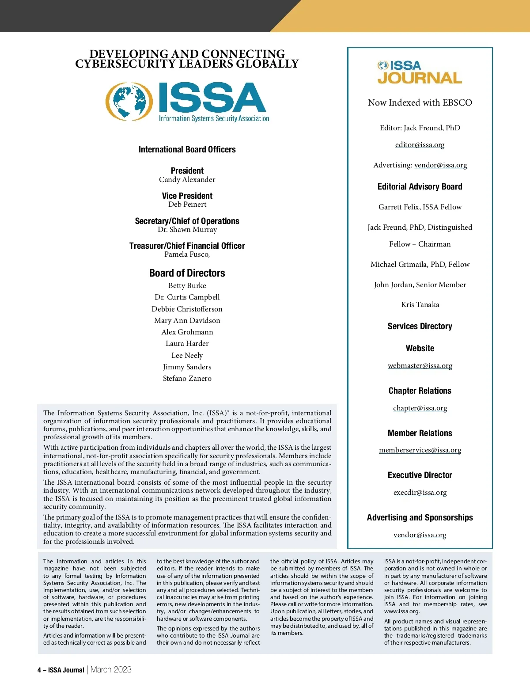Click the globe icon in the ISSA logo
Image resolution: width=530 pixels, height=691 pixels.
(126, 101)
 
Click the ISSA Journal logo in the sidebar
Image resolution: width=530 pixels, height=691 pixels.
(420, 72)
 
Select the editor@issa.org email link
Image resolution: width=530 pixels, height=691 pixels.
(420, 145)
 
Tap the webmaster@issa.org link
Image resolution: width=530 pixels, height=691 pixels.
(420, 366)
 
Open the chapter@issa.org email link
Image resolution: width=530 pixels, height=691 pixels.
(420, 408)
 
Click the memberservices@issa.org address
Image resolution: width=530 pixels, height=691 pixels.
(420, 450)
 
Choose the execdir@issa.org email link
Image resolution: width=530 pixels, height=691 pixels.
(420, 493)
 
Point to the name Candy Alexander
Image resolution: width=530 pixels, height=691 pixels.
(187, 180)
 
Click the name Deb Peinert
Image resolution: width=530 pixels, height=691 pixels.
(187, 205)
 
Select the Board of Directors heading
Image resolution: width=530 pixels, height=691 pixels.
(187, 273)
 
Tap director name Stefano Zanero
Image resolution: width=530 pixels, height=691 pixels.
(187, 379)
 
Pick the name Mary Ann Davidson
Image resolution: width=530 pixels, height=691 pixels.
(187, 321)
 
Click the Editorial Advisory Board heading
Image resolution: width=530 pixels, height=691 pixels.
(420, 187)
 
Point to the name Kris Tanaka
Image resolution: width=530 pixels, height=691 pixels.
(420, 305)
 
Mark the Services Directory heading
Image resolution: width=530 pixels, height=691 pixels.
(420, 327)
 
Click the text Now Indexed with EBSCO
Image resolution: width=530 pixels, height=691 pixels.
(420, 103)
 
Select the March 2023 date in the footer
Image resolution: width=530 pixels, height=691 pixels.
(111, 670)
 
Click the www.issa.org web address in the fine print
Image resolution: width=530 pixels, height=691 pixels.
(401, 611)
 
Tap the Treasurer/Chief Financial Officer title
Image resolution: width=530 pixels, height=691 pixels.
(187, 246)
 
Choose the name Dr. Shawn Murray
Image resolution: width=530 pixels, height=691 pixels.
(187, 230)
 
